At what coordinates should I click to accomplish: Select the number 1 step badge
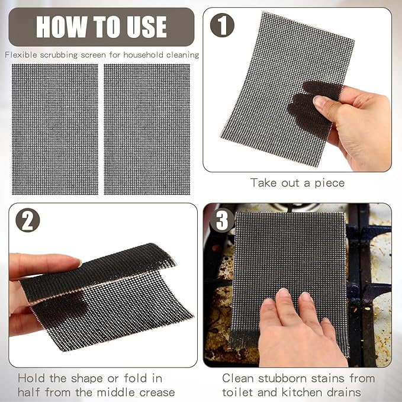tap(222, 25)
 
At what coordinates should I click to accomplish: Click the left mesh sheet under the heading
tap(54, 129)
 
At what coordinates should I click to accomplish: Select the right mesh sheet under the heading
tap(147, 129)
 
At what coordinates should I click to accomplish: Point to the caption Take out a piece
tap(297, 183)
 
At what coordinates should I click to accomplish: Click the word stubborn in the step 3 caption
tap(285, 377)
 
